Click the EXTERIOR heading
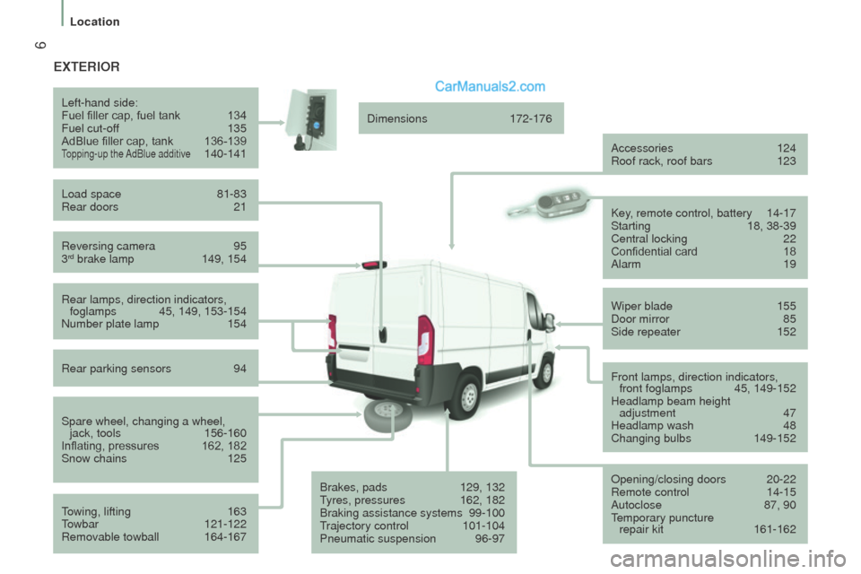pos(86,66)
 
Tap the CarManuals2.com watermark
pos(490,87)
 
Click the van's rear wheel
pos(465,396)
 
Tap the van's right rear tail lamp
pos(425,340)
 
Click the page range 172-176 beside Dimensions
pos(531,118)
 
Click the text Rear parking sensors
pos(117,368)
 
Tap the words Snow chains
pos(94,458)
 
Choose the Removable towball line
pos(110,537)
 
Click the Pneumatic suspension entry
pos(378,539)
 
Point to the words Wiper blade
pos(641,306)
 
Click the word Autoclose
pos(638,505)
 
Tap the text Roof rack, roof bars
pos(662,161)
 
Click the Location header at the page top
pos(94,22)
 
